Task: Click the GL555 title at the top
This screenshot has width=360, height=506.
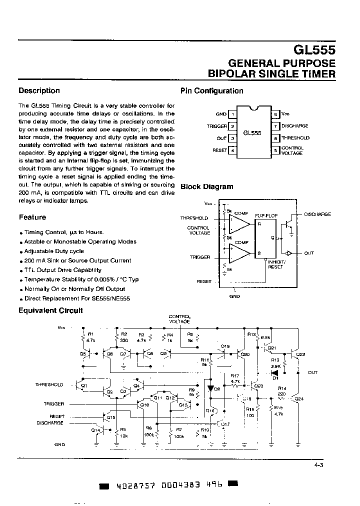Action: [x=313, y=50]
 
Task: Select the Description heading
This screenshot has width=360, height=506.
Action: [x=39, y=90]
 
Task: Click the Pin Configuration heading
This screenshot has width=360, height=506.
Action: [x=211, y=91]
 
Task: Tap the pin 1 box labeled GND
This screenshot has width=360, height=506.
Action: [x=232, y=114]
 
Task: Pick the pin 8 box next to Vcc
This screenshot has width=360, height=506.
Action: [x=275, y=114]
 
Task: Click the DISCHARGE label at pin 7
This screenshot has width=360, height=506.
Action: [x=295, y=126]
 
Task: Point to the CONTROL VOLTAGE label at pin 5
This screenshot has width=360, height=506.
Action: [x=292, y=150]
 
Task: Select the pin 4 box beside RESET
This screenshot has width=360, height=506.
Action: [x=232, y=150]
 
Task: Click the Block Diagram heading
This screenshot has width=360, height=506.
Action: [x=206, y=186]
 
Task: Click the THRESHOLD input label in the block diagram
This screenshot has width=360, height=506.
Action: [x=194, y=218]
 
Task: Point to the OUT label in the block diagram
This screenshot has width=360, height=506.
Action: [x=309, y=253]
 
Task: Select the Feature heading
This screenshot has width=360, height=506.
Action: [x=32, y=217]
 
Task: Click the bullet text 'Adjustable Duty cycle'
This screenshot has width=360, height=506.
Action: [x=54, y=251]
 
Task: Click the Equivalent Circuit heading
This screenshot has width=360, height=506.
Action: [x=50, y=310]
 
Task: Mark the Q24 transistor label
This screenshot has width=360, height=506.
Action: [x=299, y=399]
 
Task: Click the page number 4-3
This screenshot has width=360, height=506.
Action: [x=318, y=465]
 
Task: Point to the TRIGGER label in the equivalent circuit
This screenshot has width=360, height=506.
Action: [x=53, y=403]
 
